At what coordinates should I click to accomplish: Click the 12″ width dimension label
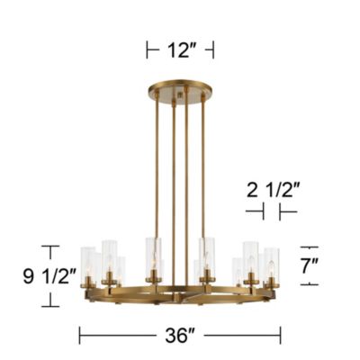pos(181,51)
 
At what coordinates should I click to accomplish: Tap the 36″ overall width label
pos(181,336)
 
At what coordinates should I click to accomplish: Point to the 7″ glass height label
pos(334,266)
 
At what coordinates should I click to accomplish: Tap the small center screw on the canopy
pos(181,94)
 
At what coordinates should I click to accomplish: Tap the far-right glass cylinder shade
pos(271,265)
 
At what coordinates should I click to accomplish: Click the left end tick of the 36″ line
pos(80,336)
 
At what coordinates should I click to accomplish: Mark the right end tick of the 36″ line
pos(281,336)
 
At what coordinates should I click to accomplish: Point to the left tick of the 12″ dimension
pos(148,51)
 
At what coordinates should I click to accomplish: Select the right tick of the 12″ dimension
pos(214,51)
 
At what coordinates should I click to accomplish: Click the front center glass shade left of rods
pos(154,256)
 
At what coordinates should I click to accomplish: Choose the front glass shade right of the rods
pos(207,256)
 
